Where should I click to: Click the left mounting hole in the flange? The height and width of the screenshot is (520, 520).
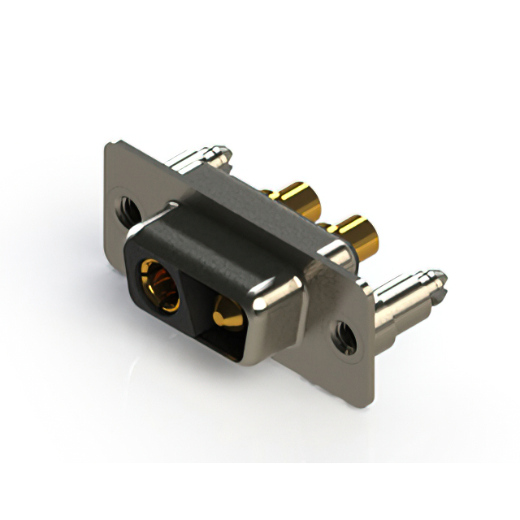(x=128, y=210)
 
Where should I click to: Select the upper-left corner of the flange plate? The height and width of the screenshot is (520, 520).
(x=110, y=147)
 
